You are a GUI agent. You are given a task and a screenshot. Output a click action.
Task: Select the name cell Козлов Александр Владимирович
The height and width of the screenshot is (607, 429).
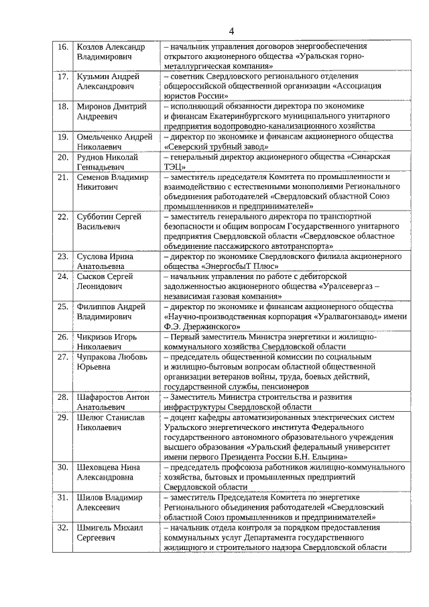(110, 52)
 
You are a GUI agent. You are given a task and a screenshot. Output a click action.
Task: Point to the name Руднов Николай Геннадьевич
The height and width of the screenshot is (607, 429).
(107, 162)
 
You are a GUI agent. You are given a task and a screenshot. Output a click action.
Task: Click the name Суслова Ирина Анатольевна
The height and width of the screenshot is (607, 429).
(105, 261)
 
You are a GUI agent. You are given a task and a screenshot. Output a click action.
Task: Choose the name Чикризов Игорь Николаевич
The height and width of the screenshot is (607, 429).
(107, 341)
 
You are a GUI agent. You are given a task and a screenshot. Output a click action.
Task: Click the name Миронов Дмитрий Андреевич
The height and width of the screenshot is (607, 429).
(107, 111)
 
